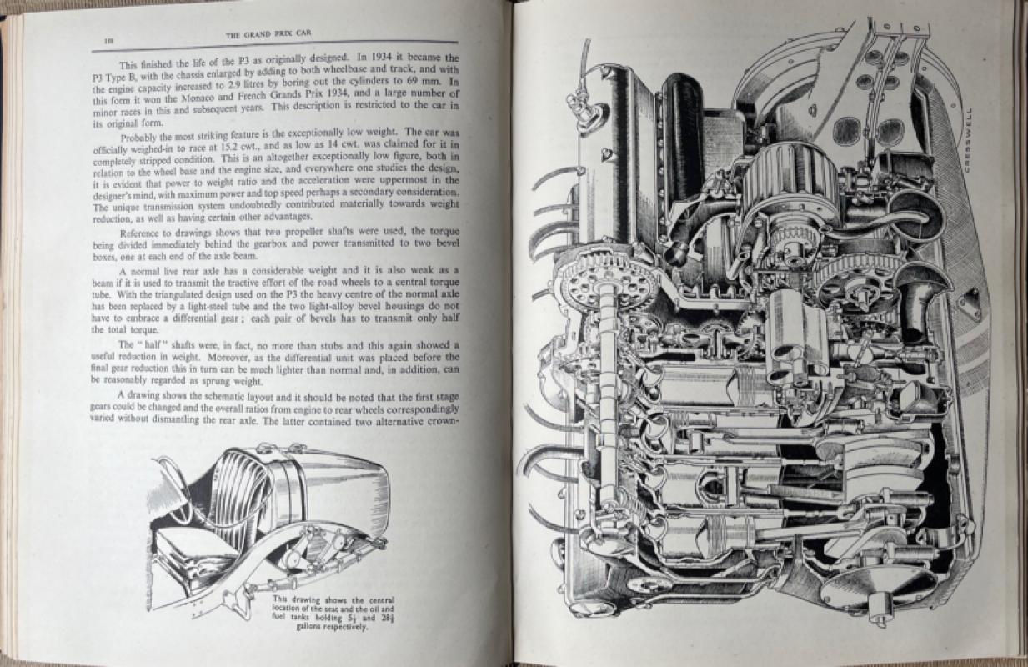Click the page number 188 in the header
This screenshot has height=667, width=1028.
(x=110, y=40)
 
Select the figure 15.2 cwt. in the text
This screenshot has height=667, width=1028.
(x=235, y=147)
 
